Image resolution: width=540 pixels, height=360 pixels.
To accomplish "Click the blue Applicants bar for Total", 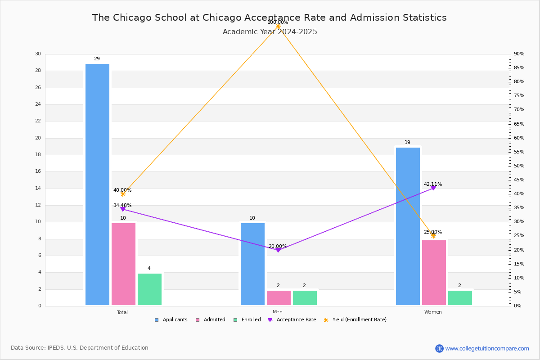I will coord(97,184).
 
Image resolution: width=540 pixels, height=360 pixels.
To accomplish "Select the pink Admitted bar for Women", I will coord(434,273).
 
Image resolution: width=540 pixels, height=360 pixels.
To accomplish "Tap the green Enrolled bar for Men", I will coord(305,298).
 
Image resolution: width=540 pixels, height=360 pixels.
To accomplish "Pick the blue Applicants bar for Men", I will coord(252,264).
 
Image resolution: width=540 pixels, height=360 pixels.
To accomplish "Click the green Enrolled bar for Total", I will coord(149,289).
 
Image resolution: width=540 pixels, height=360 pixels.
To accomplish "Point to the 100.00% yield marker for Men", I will coord(278,27).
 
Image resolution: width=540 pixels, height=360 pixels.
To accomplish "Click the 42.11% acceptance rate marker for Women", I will coord(433,188).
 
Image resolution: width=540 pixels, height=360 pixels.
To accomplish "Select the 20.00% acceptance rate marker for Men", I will coord(278,250).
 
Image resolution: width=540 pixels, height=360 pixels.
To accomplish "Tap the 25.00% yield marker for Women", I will coord(433,236).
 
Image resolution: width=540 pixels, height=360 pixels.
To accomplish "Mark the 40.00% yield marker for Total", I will coord(123,194).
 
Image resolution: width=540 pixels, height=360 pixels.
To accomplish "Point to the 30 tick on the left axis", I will coord(38,54).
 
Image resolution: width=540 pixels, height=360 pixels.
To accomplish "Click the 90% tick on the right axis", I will coord(519,54).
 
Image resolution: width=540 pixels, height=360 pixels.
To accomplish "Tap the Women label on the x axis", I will coord(433,312).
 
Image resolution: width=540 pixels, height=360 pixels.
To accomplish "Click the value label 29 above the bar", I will coord(97,59).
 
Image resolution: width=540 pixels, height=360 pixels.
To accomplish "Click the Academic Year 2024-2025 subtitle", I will coord(270,32).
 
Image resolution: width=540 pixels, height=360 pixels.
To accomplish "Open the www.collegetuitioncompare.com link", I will coord(487,348).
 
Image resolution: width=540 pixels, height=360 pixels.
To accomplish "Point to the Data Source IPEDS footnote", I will coord(80,348).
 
